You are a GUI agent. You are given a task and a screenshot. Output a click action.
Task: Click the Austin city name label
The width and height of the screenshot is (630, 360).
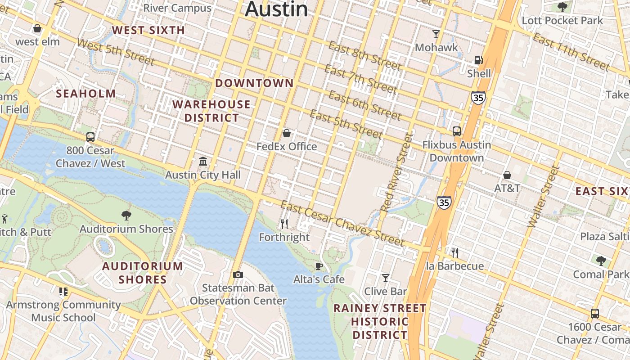click(x=276, y=9)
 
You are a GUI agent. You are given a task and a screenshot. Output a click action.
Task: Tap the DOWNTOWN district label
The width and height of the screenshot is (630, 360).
click(x=254, y=83)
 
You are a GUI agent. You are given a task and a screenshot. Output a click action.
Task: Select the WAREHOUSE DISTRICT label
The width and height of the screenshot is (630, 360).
click(x=211, y=111)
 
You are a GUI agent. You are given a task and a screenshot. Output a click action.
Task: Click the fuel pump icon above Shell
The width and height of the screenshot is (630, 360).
click(x=478, y=60)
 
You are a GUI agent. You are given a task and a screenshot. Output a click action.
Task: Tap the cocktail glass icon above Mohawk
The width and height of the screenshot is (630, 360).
click(x=436, y=34)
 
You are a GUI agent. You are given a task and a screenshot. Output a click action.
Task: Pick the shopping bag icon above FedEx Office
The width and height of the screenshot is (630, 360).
click(x=286, y=133)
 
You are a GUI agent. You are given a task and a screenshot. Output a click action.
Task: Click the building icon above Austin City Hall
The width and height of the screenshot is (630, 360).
click(x=203, y=161)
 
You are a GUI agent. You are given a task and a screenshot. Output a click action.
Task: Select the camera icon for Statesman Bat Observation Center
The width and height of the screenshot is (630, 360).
click(x=238, y=274)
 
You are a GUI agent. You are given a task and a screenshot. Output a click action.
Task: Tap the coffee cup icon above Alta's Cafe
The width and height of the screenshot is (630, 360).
click(x=319, y=266)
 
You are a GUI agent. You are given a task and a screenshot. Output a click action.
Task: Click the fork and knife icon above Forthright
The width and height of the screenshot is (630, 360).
click(x=284, y=223)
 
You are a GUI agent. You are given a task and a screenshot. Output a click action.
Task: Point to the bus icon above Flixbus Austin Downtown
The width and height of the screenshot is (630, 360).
click(x=457, y=131)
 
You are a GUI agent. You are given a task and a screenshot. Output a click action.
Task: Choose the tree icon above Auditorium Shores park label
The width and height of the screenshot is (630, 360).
click(x=126, y=216)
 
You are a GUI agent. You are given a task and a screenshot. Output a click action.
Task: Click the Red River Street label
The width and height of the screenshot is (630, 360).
click(x=396, y=172)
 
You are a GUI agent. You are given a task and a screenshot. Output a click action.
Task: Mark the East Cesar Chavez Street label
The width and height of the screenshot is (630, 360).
click(x=342, y=224)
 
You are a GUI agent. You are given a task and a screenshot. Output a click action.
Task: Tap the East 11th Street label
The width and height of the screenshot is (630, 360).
click(x=571, y=52)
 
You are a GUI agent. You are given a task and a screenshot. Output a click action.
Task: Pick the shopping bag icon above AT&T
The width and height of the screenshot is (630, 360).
click(x=507, y=175)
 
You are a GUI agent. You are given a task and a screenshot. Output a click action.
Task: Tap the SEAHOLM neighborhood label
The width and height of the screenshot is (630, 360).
click(x=85, y=94)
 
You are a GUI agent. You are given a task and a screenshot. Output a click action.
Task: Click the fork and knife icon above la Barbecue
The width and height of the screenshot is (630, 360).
click(x=455, y=252)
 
